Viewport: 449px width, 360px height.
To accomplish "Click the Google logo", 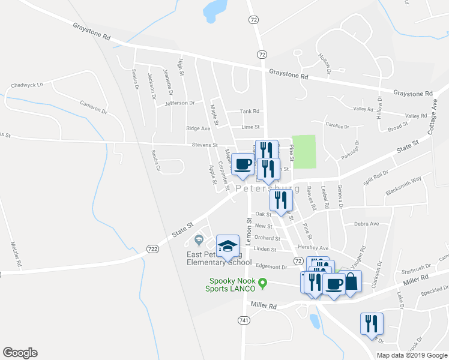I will click(x=20, y=353).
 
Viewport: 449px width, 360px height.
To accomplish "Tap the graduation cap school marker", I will click(x=228, y=247).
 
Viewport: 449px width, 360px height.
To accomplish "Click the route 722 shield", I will click(x=152, y=248).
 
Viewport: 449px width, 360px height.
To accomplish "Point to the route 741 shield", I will click(x=243, y=321).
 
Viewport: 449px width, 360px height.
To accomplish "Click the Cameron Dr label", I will click(x=93, y=107).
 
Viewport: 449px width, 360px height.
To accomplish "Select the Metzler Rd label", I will click(x=16, y=254).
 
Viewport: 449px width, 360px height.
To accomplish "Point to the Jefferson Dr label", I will click(x=180, y=103).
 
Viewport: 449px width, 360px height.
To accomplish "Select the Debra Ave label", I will click(x=366, y=224).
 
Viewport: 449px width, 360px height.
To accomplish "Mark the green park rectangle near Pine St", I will click(x=304, y=152).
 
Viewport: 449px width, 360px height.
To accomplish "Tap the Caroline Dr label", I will click(x=337, y=127).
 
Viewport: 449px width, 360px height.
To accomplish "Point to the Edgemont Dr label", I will click(x=271, y=266).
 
